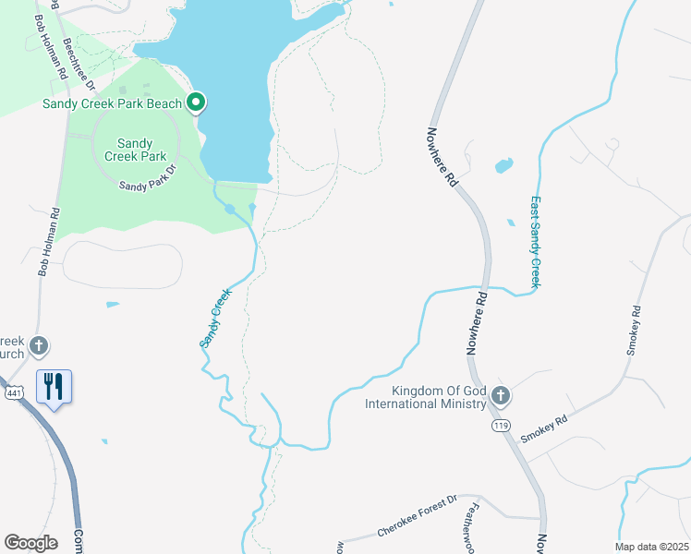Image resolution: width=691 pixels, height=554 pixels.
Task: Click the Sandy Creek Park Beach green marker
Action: click(x=196, y=102)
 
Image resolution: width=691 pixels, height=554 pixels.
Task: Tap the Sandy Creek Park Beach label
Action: click(x=112, y=103)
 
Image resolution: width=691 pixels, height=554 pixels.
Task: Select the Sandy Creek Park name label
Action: click(x=134, y=150)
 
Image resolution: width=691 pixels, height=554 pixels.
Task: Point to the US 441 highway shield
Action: click(x=12, y=393)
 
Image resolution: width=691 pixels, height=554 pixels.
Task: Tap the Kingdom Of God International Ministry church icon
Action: click(x=501, y=396)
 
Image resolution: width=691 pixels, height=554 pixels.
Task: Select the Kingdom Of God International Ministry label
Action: click(x=425, y=397)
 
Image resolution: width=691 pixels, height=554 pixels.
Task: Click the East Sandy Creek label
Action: click(x=535, y=242)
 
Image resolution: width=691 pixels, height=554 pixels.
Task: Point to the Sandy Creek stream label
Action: click(x=215, y=318)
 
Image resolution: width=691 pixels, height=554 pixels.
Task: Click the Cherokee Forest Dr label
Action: click(x=418, y=527)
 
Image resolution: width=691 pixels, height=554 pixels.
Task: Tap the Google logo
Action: click(x=30, y=543)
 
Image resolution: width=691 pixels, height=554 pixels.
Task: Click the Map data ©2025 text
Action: click(x=651, y=547)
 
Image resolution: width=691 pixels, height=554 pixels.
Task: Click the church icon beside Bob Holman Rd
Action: click(x=38, y=347)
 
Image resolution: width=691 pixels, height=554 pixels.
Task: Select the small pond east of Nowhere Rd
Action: click(x=503, y=166)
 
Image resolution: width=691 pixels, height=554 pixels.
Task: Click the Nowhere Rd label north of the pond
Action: click(x=442, y=157)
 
